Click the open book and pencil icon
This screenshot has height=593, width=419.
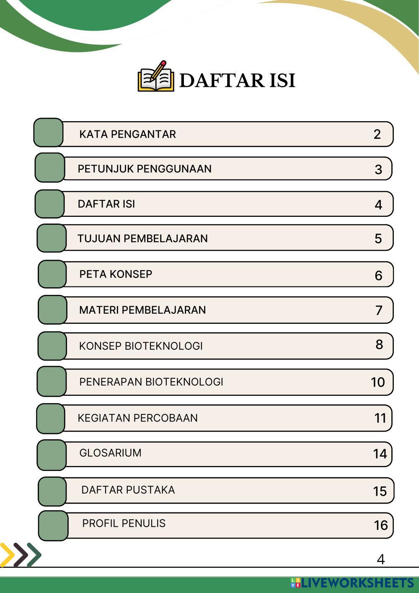click(x=156, y=77)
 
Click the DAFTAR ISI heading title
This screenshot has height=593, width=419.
click(x=237, y=80)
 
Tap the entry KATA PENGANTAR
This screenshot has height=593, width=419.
click(x=127, y=134)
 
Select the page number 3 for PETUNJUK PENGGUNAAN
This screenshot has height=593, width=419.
click(x=378, y=169)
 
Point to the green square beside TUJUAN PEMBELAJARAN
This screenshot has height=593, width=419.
click(x=52, y=238)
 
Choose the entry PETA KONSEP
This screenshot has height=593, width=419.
click(x=116, y=274)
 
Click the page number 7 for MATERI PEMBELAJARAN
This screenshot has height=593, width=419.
click(x=379, y=310)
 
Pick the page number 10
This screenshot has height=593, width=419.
click(x=378, y=382)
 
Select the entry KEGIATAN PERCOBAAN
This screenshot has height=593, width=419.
click(x=137, y=418)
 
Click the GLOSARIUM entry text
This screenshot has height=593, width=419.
click(x=110, y=453)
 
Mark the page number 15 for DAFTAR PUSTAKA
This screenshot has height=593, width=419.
click(x=380, y=491)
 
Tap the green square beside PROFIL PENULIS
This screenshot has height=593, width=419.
click(x=53, y=525)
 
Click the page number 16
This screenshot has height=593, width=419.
click(x=380, y=525)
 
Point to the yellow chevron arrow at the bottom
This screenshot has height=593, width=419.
click(x=7, y=554)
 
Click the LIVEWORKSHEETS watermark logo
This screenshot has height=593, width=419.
click(x=352, y=583)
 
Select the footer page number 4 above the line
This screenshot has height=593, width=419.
click(x=380, y=559)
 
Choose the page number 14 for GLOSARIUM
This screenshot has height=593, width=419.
click(x=380, y=454)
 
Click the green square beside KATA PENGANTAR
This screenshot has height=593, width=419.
click(x=49, y=133)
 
